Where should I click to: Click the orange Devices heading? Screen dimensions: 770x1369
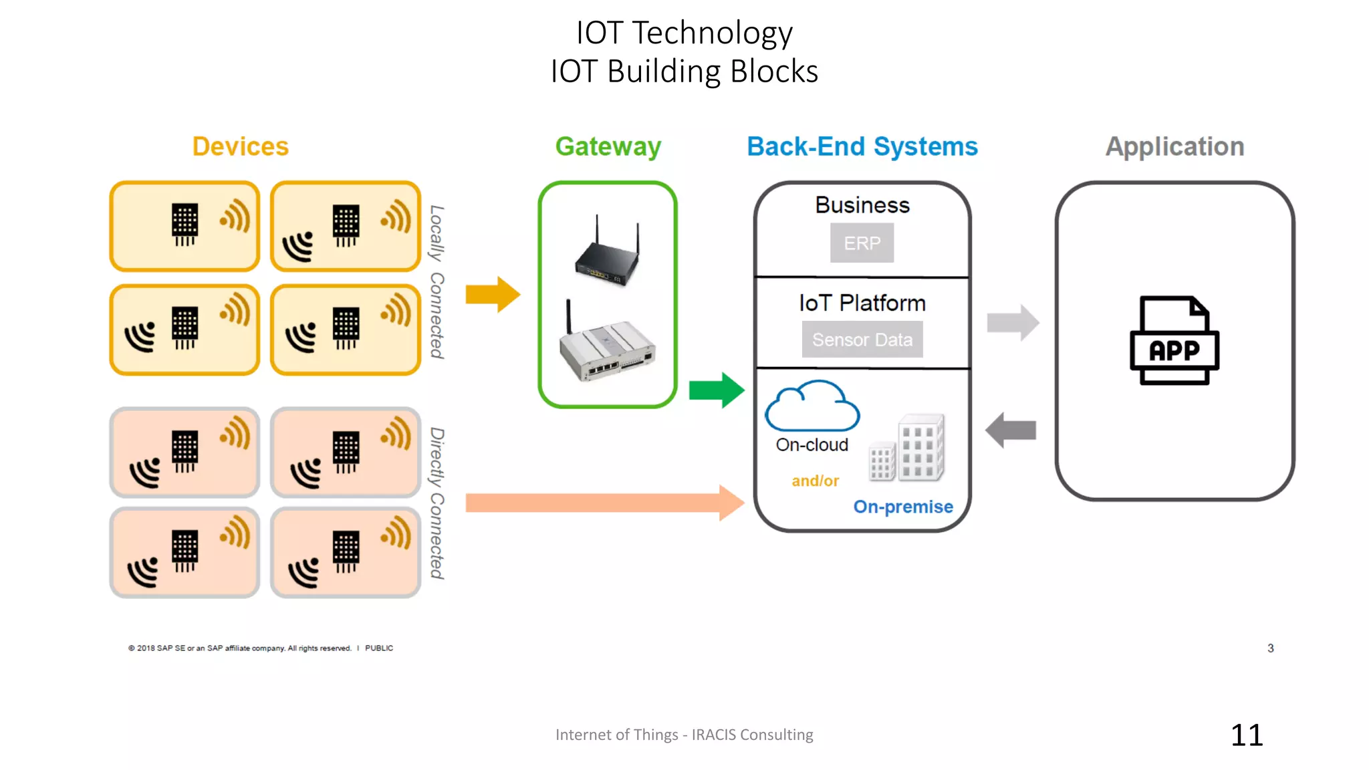coord(240,146)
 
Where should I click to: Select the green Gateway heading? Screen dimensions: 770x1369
coord(608,146)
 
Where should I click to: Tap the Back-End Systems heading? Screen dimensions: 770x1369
coord(862,146)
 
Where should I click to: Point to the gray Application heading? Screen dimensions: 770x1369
coord(1174,146)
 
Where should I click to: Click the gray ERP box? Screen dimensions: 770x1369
coord(862,243)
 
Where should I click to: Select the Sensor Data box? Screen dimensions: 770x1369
coord(862,340)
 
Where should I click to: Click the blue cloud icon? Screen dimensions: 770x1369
coord(812,406)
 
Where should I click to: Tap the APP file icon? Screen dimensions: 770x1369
coord(1174,341)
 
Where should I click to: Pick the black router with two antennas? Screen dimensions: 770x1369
coord(607,254)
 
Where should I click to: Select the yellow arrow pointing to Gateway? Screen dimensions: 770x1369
coord(493,294)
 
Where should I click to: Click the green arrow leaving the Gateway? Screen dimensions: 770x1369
coord(717,390)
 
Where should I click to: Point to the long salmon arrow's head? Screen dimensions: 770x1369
coord(731,503)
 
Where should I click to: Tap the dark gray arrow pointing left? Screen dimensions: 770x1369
coord(1011,430)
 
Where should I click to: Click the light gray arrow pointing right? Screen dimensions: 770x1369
coord(1013,323)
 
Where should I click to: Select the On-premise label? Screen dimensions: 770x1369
coord(902,507)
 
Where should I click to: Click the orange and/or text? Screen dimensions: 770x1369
coord(815,481)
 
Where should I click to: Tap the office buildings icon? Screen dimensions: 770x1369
coord(907,448)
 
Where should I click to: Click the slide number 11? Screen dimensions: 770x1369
coord(1247,735)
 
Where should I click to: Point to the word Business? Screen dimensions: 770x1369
coord(862,205)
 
